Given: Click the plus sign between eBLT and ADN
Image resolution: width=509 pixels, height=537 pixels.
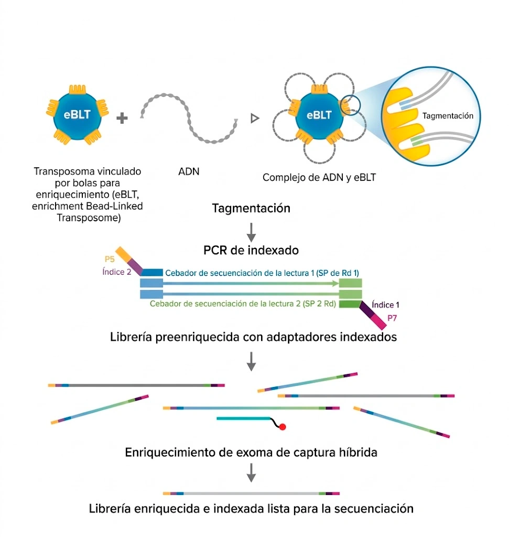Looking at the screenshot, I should [122, 119].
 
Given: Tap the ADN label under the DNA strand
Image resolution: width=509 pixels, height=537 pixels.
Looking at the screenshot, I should [189, 171].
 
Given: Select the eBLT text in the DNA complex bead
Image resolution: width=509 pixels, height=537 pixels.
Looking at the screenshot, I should [319, 115].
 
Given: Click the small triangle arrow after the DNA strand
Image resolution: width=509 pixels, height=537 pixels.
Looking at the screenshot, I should [255, 119].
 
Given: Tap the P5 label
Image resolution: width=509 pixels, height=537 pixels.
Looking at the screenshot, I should [109, 259].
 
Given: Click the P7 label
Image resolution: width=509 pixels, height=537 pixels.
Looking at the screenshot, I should [393, 317].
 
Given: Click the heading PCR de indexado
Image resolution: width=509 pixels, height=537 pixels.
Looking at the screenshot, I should [251, 250].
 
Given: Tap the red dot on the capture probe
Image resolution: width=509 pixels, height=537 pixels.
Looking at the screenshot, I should [282, 427].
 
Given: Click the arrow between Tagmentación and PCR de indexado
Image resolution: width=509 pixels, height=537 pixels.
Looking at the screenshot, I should [251, 230].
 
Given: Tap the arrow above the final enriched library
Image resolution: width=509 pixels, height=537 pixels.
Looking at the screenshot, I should [251, 474].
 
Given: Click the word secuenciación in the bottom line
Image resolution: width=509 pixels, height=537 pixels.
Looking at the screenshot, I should [377, 509].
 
